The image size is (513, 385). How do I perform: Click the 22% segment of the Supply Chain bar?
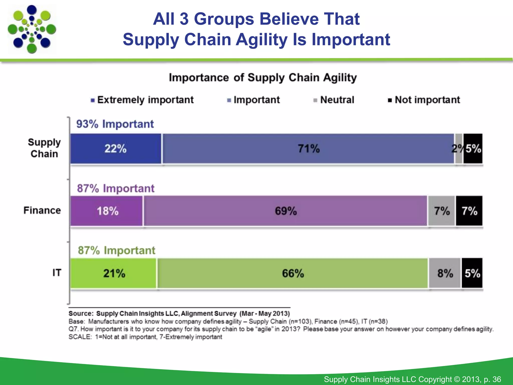pos(116,149)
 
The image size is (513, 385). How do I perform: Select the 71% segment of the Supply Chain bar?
pos(308,149)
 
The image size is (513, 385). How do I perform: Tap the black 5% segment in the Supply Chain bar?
pos(473,149)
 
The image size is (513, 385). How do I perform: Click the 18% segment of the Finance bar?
pos(107,211)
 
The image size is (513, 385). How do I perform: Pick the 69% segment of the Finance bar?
pos(286,211)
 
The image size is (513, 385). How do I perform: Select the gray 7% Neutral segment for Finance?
pos(442,211)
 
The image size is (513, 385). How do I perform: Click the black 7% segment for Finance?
pos(469,211)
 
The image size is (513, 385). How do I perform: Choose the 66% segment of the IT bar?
pos(293,273)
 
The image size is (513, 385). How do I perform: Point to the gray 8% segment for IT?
pos(445,273)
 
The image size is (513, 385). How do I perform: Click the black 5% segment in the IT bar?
pos(472,273)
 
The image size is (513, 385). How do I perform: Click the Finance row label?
pos(42,210)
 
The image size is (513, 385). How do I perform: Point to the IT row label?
pos(57,273)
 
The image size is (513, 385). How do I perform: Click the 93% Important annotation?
pos(115,124)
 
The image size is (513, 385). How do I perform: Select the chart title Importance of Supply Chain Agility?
pos(263,78)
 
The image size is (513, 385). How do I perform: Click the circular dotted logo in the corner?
pos(32,29)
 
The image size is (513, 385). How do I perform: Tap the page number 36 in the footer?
pos(496,379)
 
